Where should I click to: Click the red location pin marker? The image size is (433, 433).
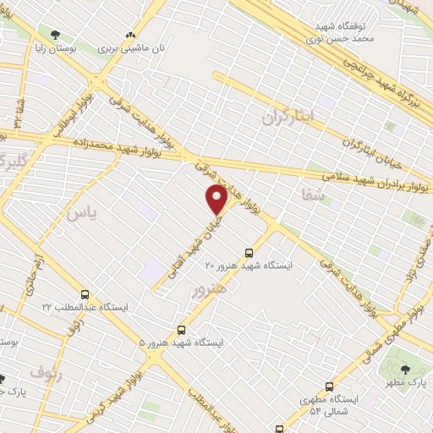(216, 200)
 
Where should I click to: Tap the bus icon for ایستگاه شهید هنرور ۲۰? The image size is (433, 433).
(248, 252)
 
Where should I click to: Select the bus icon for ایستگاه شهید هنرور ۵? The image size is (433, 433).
(181, 331)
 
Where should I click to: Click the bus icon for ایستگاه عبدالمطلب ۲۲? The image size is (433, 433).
(84, 294)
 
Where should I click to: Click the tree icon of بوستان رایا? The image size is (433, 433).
(56, 36)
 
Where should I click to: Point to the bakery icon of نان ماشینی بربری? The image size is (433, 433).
(130, 36)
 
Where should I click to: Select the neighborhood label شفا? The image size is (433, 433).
(312, 195)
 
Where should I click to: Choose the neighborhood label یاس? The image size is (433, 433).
(81, 213)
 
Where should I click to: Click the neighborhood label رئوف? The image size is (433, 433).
(46, 370)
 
